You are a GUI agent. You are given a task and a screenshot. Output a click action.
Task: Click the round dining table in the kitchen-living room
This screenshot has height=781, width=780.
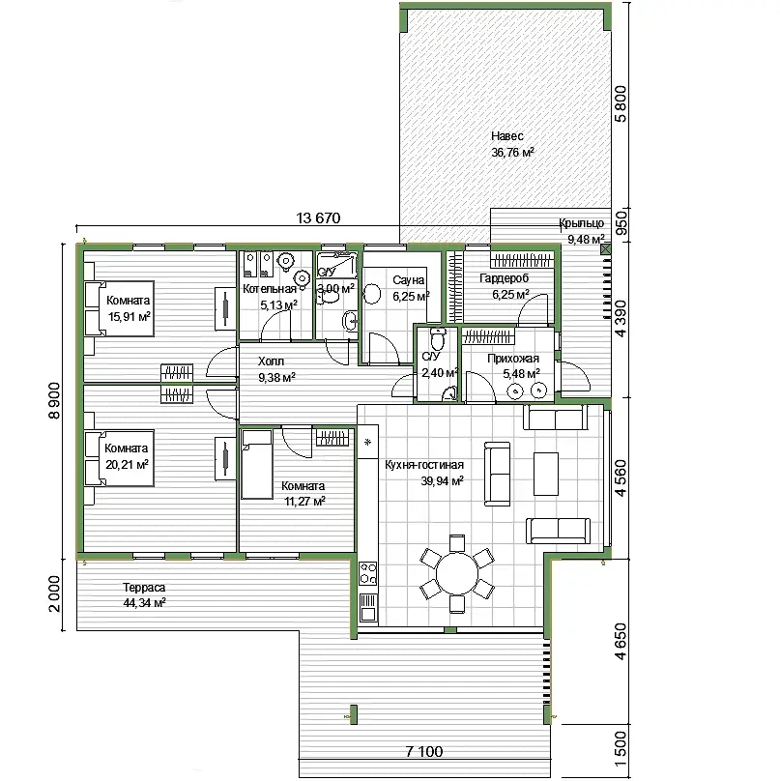(x=457, y=573)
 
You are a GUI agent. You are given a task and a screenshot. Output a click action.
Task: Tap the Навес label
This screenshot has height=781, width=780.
(x=507, y=136)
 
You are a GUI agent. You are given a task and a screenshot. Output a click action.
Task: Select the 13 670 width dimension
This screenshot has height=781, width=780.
(x=318, y=218)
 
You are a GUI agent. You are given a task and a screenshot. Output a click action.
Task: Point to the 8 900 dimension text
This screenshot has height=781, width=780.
(x=54, y=400)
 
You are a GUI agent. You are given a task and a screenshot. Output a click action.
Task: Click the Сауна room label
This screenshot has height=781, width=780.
(x=409, y=280)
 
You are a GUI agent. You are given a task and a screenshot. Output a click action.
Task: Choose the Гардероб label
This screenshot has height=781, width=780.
(x=505, y=278)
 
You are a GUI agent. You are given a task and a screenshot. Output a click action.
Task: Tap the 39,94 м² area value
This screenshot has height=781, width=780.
(x=443, y=481)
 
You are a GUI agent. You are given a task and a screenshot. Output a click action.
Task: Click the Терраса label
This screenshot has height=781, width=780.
(x=144, y=588)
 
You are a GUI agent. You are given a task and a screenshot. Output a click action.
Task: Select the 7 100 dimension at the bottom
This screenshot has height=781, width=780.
(x=424, y=751)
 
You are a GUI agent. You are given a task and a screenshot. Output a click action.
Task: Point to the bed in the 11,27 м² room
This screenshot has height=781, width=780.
(x=257, y=464)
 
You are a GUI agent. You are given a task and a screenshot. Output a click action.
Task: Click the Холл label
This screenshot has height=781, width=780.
(x=271, y=362)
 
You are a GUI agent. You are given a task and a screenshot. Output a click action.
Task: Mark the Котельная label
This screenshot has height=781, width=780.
(x=270, y=289)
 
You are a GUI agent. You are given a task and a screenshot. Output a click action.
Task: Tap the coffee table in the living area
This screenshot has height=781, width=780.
(x=546, y=474)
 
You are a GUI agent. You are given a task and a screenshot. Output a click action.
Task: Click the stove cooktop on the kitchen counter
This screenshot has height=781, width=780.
(x=368, y=573)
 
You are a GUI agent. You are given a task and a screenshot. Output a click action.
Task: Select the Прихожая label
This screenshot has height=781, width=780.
(x=513, y=359)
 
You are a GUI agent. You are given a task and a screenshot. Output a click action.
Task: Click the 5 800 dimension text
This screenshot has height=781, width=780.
(x=621, y=104)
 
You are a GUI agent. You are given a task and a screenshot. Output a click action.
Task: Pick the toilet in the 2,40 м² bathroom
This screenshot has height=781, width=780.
(x=438, y=338)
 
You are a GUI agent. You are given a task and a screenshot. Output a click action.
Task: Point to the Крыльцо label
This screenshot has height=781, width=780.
(x=581, y=223)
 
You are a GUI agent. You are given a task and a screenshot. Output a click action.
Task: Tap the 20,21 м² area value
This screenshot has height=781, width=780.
(x=127, y=465)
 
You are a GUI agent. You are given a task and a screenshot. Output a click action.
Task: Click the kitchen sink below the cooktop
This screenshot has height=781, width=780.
(x=368, y=608)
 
